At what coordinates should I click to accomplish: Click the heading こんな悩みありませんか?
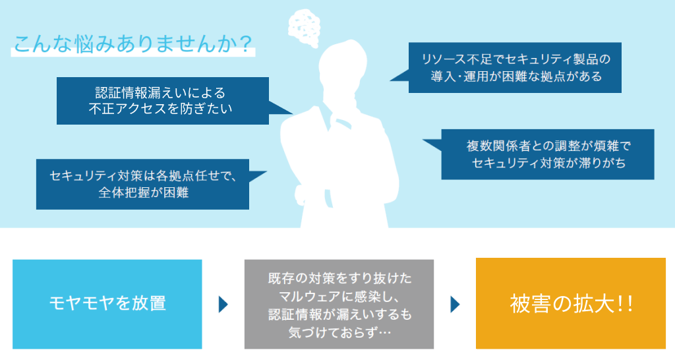click(133, 44)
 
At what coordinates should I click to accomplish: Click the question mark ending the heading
click(246, 44)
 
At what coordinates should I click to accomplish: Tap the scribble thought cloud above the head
click(305, 27)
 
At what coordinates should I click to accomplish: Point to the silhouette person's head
click(343, 65)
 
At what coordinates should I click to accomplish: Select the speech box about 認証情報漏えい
click(163, 101)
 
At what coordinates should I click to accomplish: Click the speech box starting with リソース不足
click(515, 68)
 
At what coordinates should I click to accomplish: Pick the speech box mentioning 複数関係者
click(548, 154)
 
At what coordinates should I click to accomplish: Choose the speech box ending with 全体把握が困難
click(142, 185)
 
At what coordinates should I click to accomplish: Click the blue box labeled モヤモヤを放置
click(107, 304)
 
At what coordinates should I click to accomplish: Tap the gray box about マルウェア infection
click(339, 304)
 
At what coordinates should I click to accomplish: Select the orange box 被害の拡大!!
click(571, 303)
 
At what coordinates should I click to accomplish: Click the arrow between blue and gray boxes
click(223, 305)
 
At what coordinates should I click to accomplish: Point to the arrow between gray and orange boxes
click(455, 305)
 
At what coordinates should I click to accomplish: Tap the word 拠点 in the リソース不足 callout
click(552, 76)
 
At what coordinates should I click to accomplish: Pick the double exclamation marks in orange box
click(625, 303)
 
